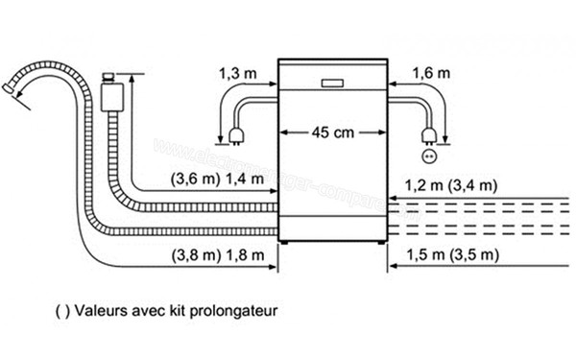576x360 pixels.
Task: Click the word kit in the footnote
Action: pyautogui.click(x=179, y=312)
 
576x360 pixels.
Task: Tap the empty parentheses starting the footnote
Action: pyautogui.click(x=63, y=312)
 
